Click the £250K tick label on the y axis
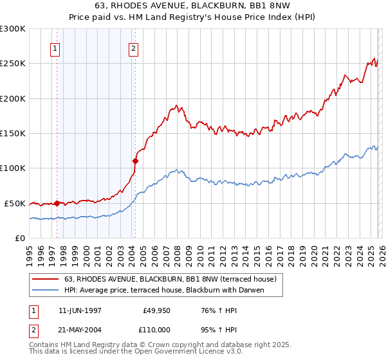[13, 64]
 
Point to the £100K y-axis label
[13, 168]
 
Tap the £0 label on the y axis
[21, 238]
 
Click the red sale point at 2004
[135, 161]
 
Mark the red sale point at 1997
[57, 203]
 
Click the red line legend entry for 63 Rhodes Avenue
[170, 279]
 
